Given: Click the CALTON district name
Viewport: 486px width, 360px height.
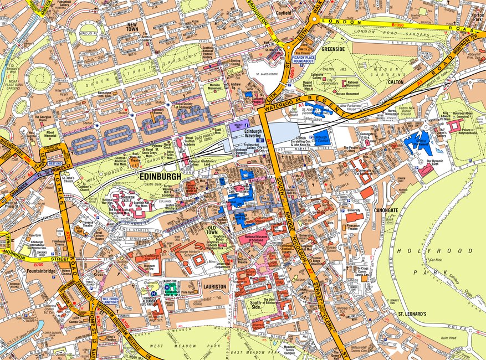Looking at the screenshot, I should point(396,81).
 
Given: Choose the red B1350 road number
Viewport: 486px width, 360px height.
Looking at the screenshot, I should point(398,24).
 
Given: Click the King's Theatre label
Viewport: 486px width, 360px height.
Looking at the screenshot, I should point(111,337).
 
